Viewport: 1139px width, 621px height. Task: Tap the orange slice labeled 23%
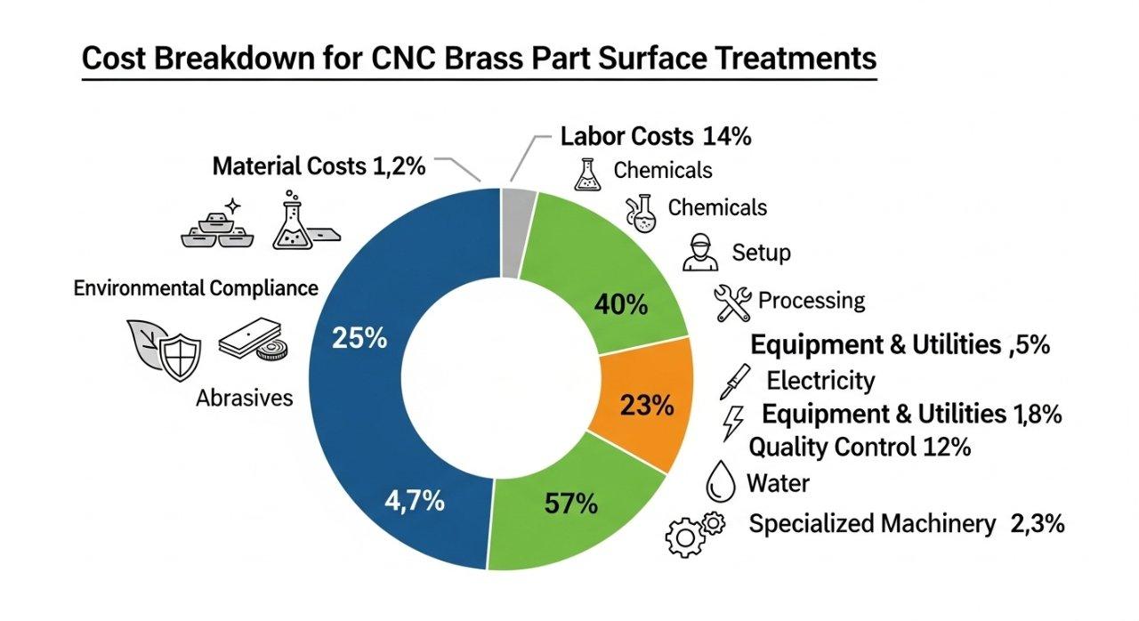[648, 406]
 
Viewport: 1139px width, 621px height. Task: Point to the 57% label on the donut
[570, 504]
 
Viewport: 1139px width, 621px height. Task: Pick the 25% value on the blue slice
[359, 338]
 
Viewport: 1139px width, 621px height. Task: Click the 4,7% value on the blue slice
[414, 501]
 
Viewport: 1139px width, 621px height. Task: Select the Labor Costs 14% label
[656, 136]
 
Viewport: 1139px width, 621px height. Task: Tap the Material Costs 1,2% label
[319, 165]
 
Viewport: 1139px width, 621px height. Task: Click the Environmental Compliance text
[196, 288]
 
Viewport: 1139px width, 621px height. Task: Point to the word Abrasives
[244, 398]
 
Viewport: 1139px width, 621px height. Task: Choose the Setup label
[761, 253]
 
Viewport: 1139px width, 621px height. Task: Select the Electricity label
[820, 381]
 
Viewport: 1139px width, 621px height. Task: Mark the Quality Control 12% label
[860, 447]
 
